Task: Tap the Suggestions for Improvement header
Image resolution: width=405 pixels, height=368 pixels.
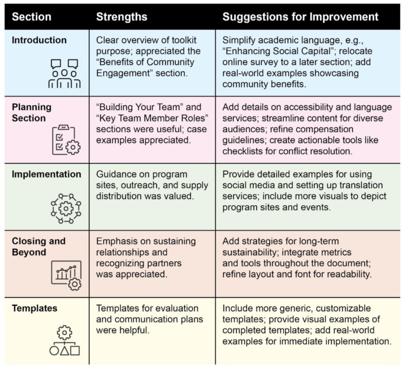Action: (x=300, y=16)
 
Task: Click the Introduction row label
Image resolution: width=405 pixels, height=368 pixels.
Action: (x=39, y=40)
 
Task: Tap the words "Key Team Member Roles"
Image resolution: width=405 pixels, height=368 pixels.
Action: (x=151, y=118)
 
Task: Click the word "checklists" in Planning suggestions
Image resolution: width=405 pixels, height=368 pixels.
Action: (x=247, y=152)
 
